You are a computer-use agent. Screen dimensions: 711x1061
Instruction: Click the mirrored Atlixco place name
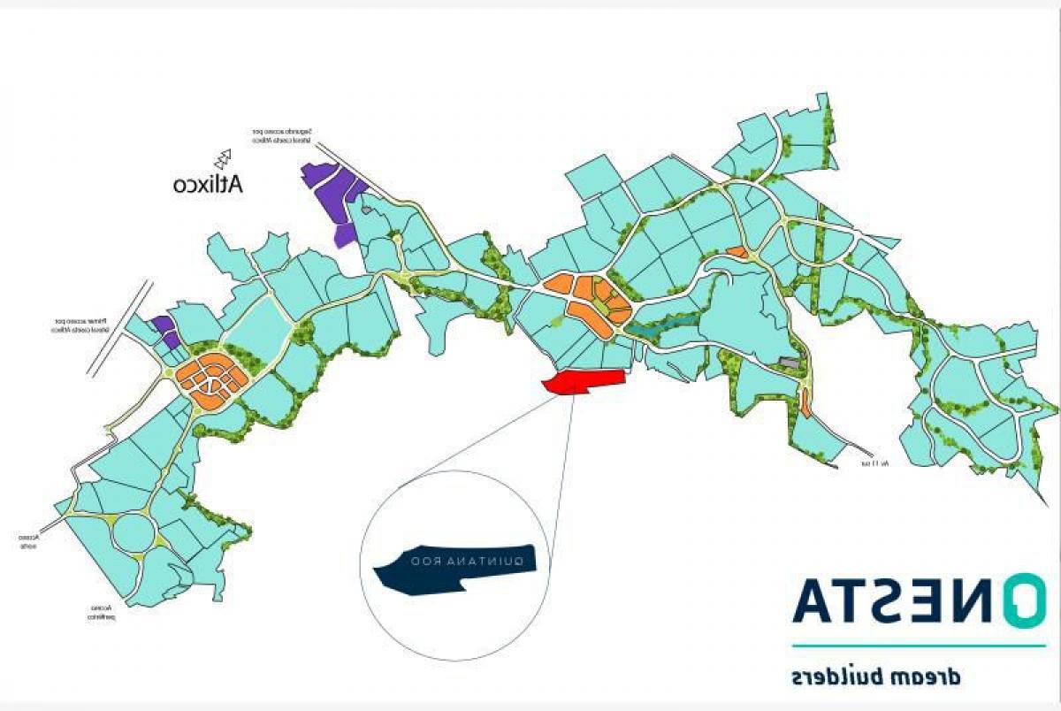click(x=208, y=184)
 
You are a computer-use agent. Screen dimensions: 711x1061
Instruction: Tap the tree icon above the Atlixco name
click(x=224, y=157)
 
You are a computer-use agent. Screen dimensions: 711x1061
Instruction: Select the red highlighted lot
click(x=584, y=381)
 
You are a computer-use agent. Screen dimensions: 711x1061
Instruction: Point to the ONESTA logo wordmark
click(x=920, y=600)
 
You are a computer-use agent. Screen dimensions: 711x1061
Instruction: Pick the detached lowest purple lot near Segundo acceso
click(x=344, y=234)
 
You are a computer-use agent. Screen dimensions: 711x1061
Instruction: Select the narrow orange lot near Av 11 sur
click(x=805, y=402)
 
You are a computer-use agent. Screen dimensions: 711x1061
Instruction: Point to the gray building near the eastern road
click(x=789, y=363)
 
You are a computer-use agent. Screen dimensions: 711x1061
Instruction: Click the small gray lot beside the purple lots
click(x=366, y=210)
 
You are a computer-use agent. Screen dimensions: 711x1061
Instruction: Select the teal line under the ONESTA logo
click(x=920, y=646)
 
